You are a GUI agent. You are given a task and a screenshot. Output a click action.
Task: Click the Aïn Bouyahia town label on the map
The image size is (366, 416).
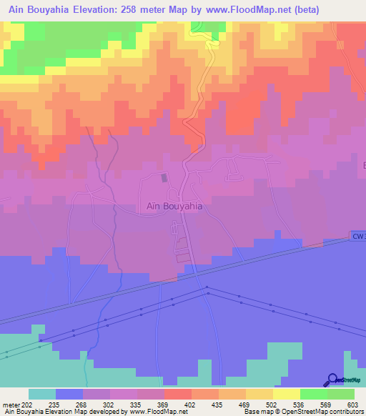(x=174, y=206)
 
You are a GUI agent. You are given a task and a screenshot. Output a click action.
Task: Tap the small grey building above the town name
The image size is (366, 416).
(x=165, y=177)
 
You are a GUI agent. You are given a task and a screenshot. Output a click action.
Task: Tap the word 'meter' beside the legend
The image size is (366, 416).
(x=11, y=405)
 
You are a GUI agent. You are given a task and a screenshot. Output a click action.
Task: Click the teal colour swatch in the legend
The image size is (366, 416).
(x=42, y=394)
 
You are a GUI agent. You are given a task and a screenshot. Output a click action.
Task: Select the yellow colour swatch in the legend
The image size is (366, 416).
(x=286, y=394)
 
